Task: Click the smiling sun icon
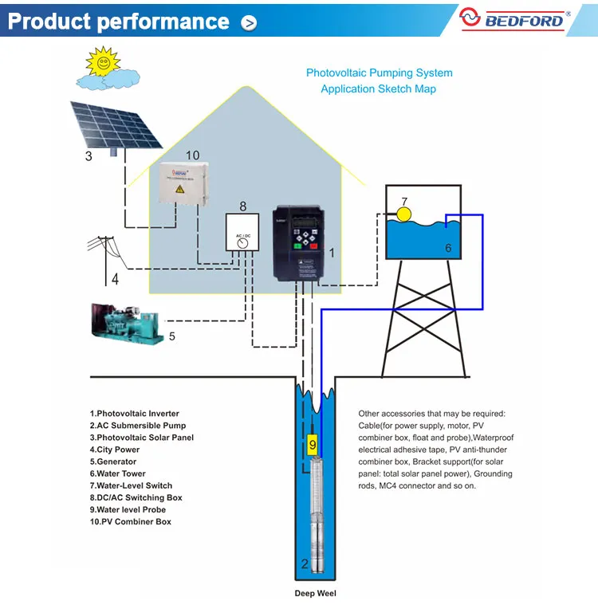click(102, 61)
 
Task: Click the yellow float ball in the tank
click(404, 214)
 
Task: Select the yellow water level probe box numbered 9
click(313, 444)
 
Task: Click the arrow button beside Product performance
click(250, 23)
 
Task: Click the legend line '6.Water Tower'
click(117, 473)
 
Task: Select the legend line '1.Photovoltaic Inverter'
click(134, 414)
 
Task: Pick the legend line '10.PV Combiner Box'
click(130, 521)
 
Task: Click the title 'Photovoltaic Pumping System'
click(379, 73)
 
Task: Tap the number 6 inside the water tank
click(448, 249)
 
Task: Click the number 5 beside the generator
click(171, 336)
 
